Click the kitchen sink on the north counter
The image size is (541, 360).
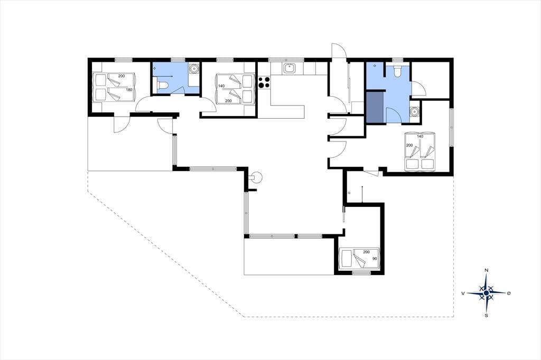[289, 69]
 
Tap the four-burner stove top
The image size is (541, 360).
[264, 83]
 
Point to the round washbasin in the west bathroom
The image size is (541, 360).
[194, 69]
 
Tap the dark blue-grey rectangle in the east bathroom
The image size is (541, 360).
[375, 107]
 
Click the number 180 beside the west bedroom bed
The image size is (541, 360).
[129, 90]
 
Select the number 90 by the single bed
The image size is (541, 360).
[374, 259]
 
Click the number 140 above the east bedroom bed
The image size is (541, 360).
[420, 137]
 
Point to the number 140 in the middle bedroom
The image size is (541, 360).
[221, 86]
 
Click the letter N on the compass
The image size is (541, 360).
[486, 270]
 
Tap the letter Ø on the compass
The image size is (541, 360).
[509, 293]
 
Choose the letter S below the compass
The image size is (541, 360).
[487, 315]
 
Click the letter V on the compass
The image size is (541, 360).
[463, 293]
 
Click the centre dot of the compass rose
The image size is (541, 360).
[486, 293]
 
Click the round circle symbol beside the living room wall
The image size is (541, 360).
[257, 178]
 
